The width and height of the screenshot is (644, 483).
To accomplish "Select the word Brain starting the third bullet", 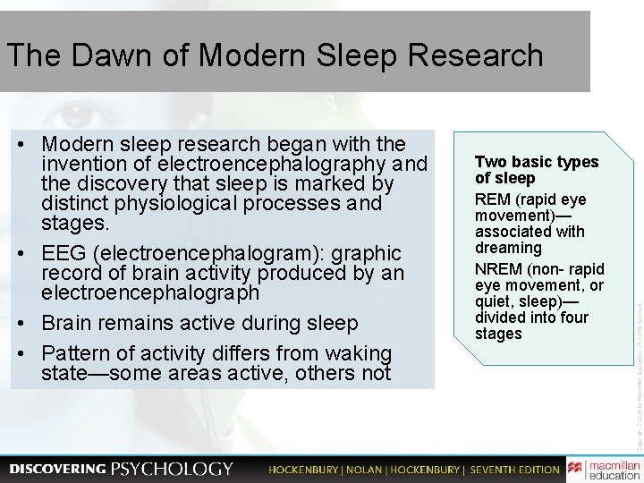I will tap(68, 323).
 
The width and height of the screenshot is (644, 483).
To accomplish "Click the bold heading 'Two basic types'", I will tap(537, 162).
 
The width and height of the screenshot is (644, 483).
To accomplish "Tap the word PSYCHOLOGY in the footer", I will tap(172, 469).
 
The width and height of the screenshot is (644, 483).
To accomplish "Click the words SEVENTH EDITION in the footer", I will tap(515, 470).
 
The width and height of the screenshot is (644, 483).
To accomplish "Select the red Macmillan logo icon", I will tap(576, 469).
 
